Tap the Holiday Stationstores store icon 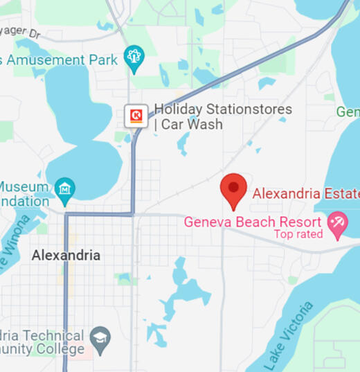coord(136,115)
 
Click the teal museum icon coord(65,188)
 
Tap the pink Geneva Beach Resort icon coord(337,224)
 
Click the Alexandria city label coord(66,255)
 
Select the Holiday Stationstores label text coord(222,109)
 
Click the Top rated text coord(298,234)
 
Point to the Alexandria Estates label coord(305,193)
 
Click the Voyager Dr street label coord(21,30)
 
